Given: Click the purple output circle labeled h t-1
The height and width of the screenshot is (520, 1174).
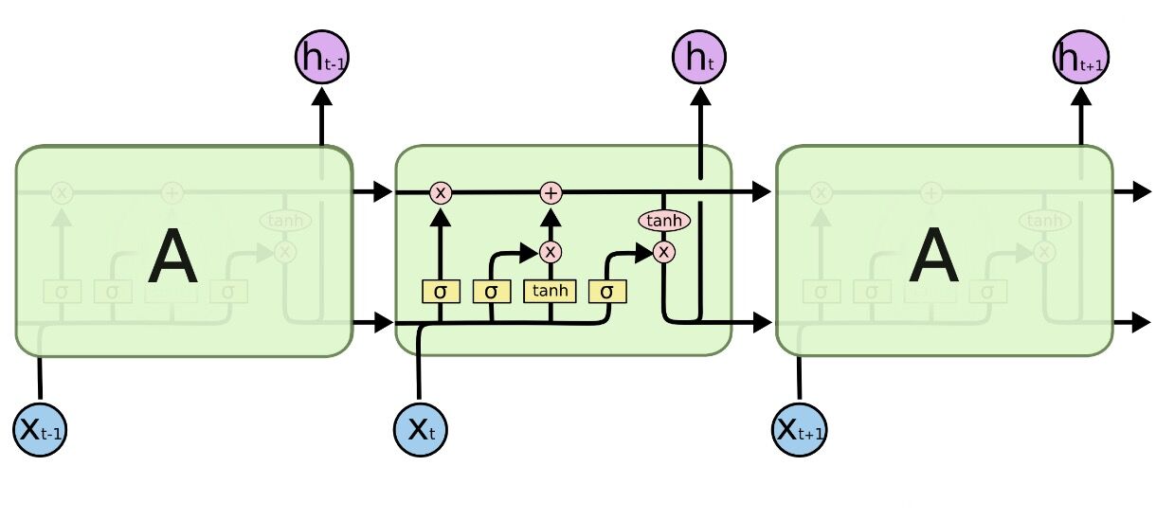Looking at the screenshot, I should pyautogui.click(x=321, y=57).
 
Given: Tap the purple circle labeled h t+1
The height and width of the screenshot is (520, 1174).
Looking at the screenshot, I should pyautogui.click(x=1080, y=57).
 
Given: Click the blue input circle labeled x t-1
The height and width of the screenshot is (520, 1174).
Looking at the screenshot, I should pyautogui.click(x=40, y=429).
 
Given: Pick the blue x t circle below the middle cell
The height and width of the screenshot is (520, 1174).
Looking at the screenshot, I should pyautogui.click(x=420, y=429).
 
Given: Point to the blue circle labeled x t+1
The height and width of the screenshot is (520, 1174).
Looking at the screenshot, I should pyautogui.click(x=800, y=429).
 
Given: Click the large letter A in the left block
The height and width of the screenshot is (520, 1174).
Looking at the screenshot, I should pyautogui.click(x=172, y=259).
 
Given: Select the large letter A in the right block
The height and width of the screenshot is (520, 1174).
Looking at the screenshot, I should pyautogui.click(x=933, y=259).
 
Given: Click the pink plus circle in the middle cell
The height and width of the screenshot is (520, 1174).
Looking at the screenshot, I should pyautogui.click(x=551, y=192).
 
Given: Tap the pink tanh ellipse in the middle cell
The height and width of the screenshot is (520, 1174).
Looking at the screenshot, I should pyautogui.click(x=664, y=221).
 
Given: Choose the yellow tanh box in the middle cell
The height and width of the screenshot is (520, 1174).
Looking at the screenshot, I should pyautogui.click(x=550, y=291).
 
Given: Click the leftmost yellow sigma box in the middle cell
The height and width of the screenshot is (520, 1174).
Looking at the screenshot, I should pyautogui.click(x=440, y=291).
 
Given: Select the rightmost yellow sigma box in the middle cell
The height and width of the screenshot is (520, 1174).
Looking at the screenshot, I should pyautogui.click(x=607, y=291).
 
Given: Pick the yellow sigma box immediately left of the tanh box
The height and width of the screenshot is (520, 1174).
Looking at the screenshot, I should pyautogui.click(x=491, y=291).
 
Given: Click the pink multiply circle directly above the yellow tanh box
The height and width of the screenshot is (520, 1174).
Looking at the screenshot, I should pyautogui.click(x=551, y=252).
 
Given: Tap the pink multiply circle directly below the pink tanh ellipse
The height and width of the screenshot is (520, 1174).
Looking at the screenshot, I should pyautogui.click(x=664, y=251).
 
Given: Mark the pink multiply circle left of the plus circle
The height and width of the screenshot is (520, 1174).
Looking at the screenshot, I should pyautogui.click(x=440, y=192).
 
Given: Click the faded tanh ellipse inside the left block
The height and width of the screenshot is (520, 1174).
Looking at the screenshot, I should pyautogui.click(x=284, y=221).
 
